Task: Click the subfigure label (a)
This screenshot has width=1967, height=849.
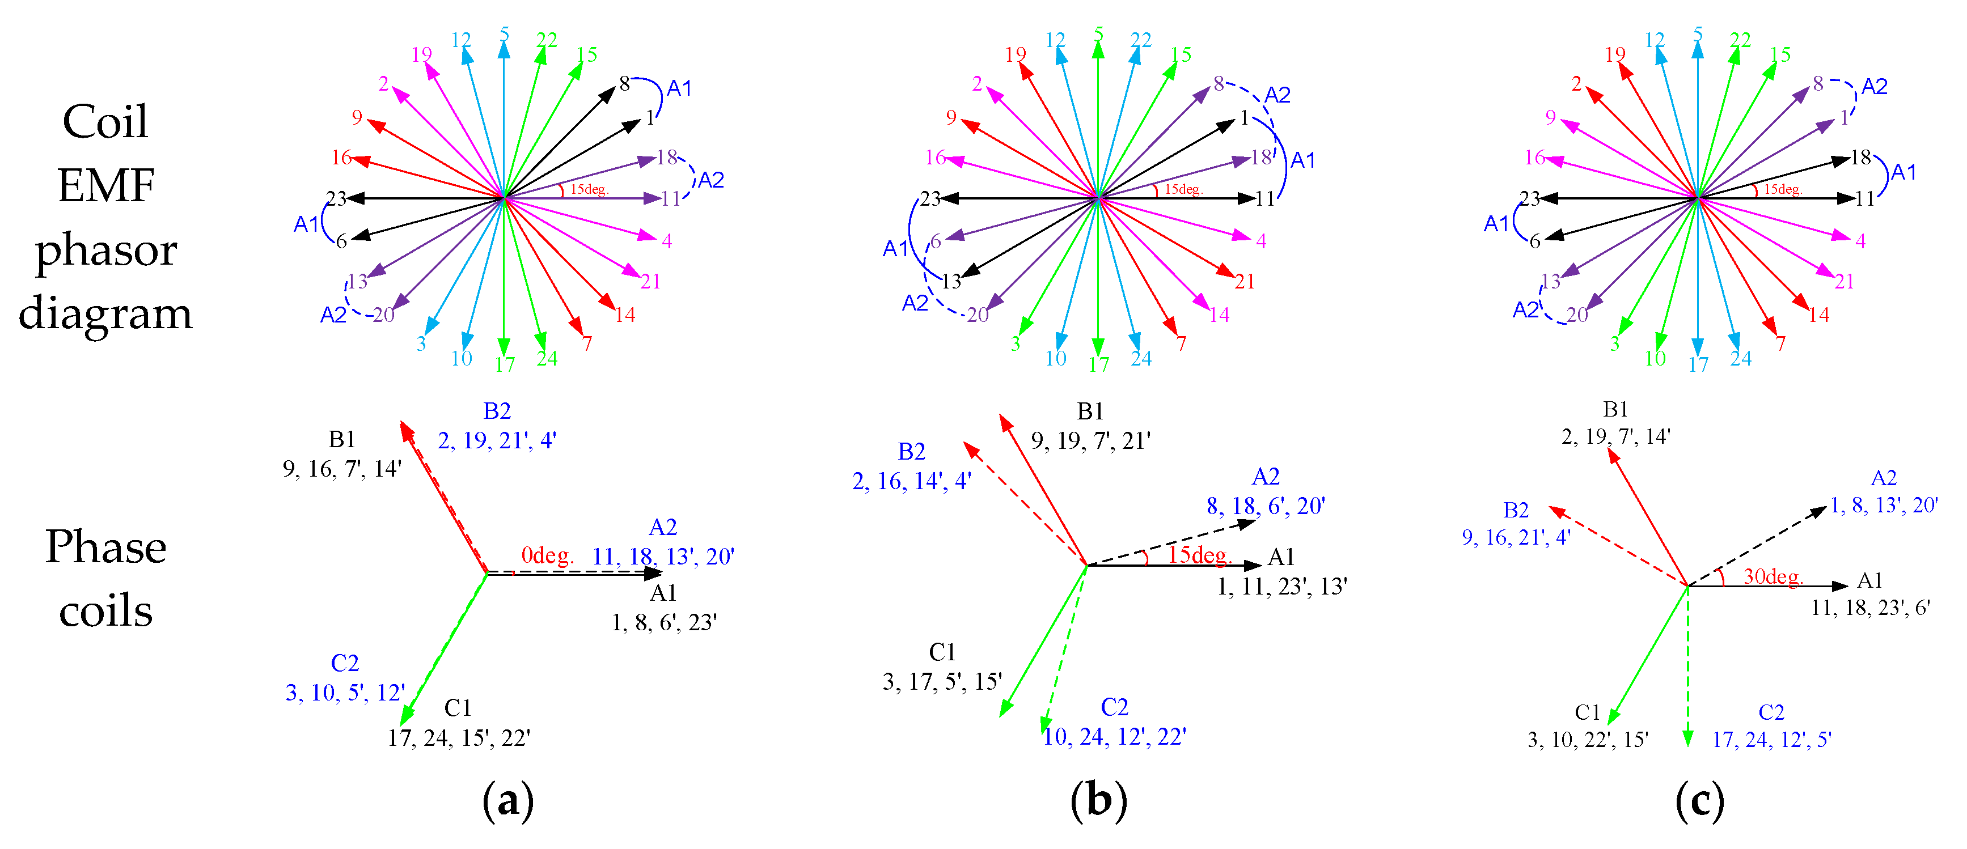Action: coord(508,801)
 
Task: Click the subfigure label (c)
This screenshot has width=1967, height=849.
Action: coord(1699,801)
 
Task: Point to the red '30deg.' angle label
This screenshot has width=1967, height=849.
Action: coord(1773,576)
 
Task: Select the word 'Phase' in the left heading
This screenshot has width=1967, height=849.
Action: coord(105,547)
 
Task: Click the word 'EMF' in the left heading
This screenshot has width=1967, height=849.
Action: coord(106,185)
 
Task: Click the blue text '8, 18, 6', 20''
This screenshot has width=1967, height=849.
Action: coord(1265,506)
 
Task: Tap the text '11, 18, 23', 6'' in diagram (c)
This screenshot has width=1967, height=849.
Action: coord(1870,608)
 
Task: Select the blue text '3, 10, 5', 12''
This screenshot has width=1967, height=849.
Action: coord(345,693)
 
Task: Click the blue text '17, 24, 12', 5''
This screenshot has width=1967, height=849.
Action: coord(1771,740)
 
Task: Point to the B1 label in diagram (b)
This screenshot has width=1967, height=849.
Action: coord(1090,411)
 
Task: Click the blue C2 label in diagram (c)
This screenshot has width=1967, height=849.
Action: coord(1771,712)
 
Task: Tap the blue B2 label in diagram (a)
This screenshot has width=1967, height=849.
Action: coord(497,411)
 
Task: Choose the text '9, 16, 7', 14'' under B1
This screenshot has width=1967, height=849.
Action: coord(341,469)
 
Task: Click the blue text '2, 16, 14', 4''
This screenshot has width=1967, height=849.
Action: coord(911,481)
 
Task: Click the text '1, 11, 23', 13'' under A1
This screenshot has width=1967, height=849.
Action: coord(1281,587)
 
